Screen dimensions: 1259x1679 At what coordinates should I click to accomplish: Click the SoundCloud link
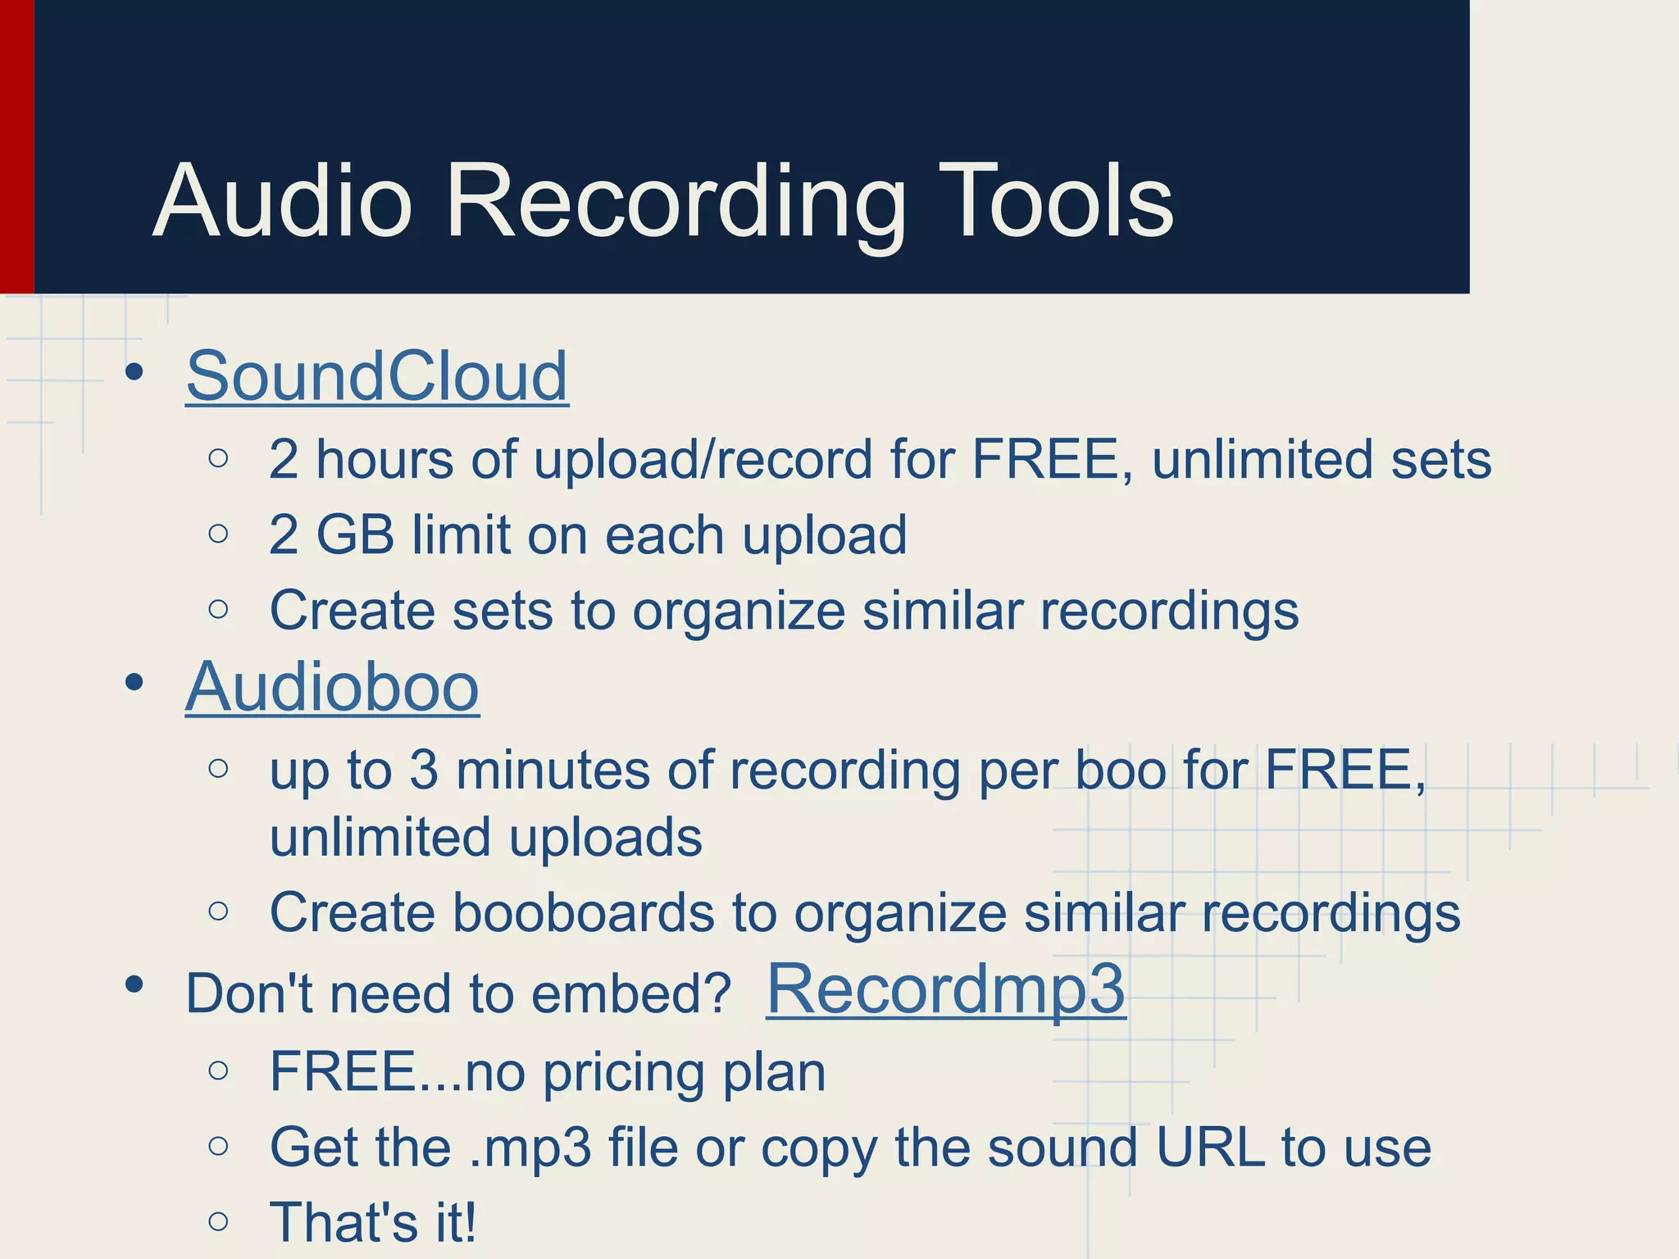pos(377,376)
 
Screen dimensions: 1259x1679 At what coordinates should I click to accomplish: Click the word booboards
pos(583,912)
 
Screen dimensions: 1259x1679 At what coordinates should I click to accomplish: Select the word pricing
pos(623,1074)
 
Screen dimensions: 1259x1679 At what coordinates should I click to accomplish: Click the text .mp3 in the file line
pos(530,1148)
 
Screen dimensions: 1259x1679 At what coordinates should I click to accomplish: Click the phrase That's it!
pos(373,1222)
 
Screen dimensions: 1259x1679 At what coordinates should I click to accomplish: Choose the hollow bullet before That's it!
pos(218,1221)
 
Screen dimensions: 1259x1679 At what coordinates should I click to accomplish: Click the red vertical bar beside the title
pos(16,148)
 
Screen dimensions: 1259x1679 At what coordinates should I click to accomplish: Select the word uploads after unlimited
pos(605,838)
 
